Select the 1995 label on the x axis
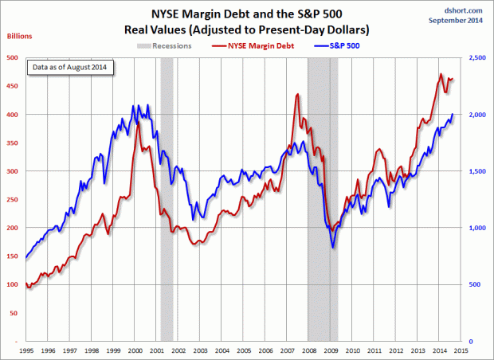(25, 350)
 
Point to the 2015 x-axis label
(460, 350)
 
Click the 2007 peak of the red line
(297, 94)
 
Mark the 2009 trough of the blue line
(332, 248)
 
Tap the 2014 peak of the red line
(441, 74)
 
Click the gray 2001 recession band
(167, 199)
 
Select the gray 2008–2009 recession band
(322, 199)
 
